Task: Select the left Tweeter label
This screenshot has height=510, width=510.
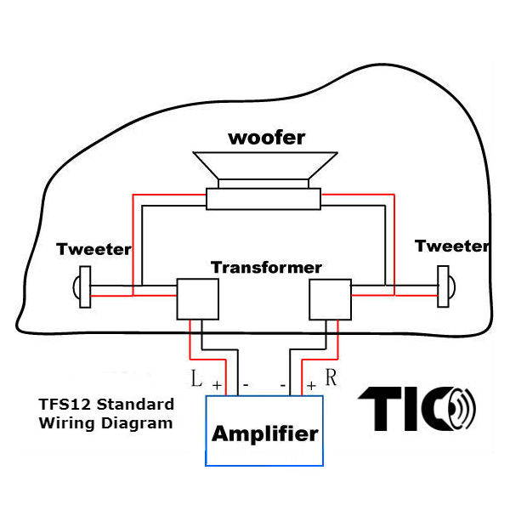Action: (93, 249)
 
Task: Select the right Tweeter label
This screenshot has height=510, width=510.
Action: (451, 246)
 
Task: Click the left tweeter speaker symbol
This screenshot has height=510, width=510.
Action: (82, 286)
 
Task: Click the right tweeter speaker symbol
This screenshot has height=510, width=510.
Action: (444, 286)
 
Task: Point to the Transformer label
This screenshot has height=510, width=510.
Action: (266, 268)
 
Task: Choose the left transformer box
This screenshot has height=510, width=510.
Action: (197, 297)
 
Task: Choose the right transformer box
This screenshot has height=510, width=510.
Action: (330, 297)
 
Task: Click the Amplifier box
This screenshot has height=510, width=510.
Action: (264, 433)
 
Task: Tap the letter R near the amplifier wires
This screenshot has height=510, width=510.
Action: (331, 377)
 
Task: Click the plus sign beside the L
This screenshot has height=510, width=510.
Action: (217, 386)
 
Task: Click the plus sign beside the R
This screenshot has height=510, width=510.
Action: (311, 385)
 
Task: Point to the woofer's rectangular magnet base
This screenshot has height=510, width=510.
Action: (263, 198)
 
